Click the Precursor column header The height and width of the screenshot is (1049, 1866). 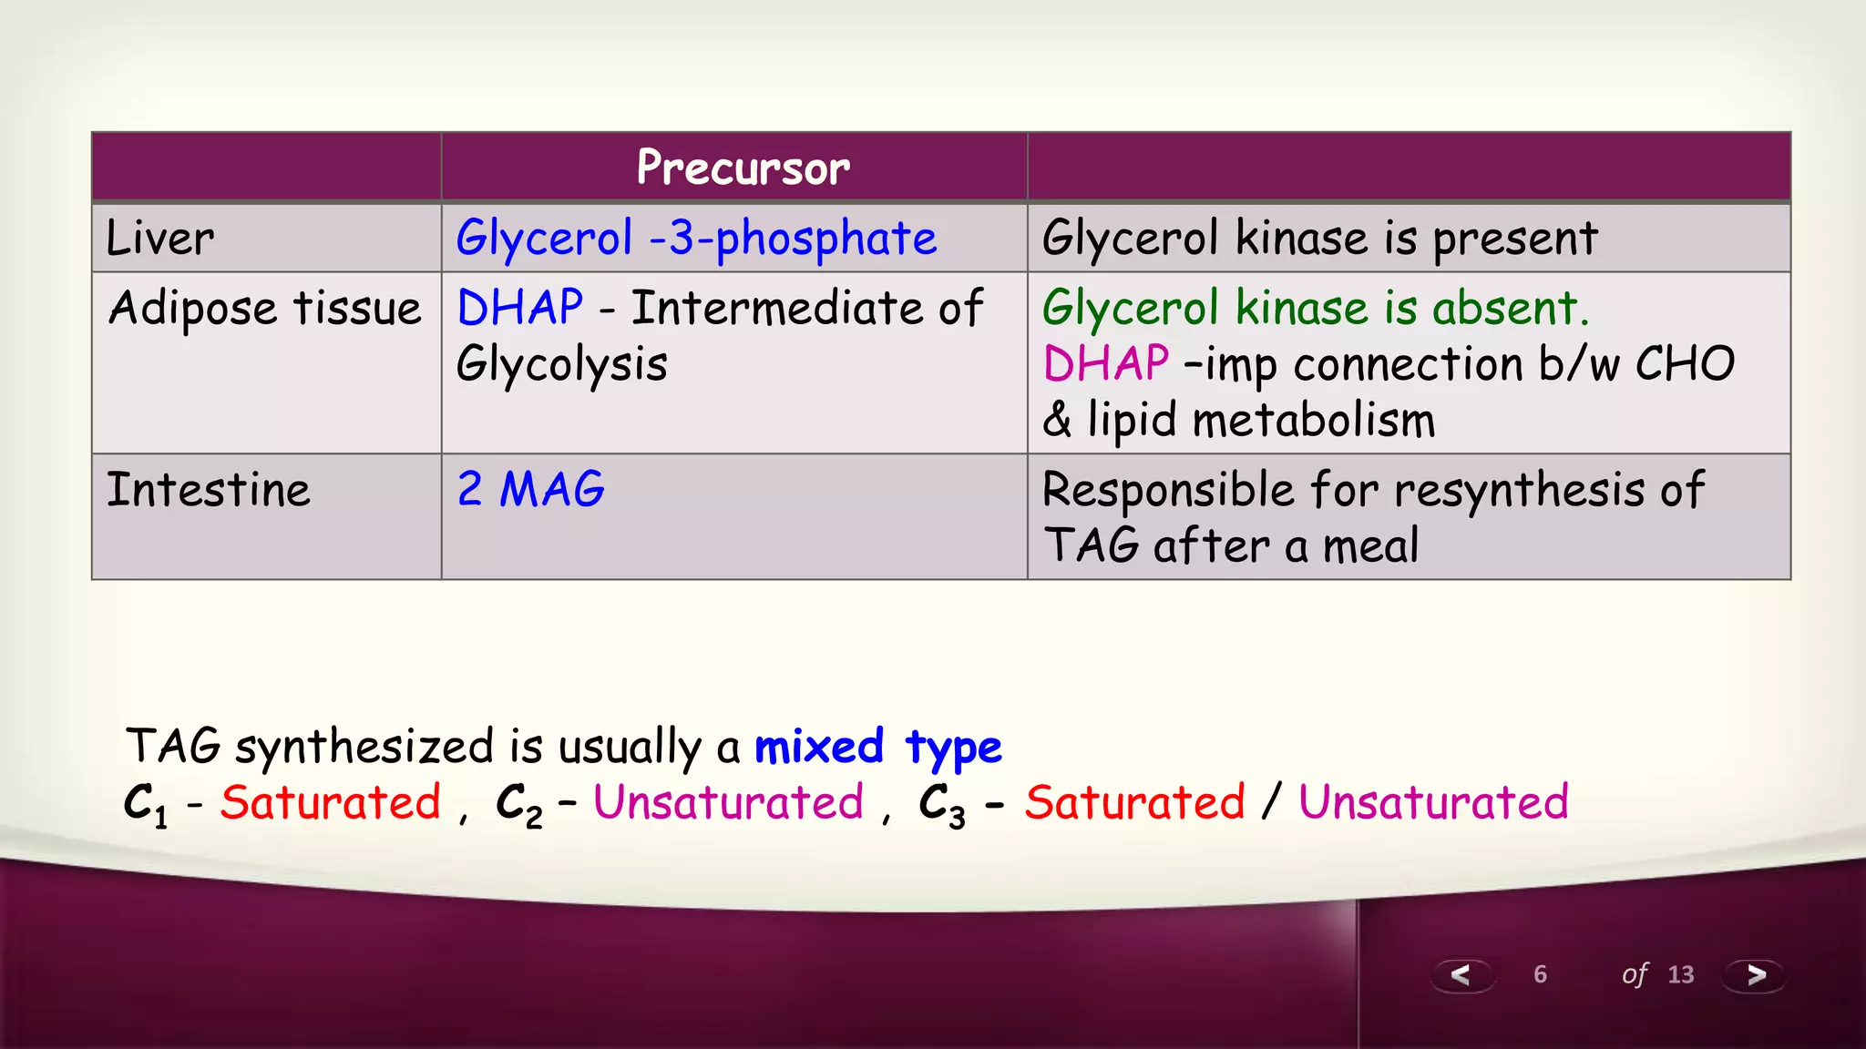click(743, 168)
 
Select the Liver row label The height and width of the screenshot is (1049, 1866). click(160, 239)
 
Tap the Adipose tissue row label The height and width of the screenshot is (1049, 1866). click(265, 308)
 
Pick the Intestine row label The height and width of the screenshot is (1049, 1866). click(209, 490)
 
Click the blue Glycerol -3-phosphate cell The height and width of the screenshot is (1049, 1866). click(696, 239)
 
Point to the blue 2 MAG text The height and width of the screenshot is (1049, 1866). click(530, 490)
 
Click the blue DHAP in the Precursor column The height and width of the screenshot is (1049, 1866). click(520, 308)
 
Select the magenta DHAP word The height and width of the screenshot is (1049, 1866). click(1105, 364)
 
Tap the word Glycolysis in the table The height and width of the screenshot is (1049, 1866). click(562, 364)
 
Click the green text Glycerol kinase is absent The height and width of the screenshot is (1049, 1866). click(1315, 308)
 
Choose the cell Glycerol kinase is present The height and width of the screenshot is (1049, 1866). click(1319, 239)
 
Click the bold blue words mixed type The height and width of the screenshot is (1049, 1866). click(878, 747)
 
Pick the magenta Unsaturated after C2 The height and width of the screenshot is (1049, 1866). click(728, 803)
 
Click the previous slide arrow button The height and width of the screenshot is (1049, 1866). click(1461, 975)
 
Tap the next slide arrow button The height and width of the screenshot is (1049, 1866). click(1755, 975)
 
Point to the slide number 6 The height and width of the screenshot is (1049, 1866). click(1540, 974)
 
